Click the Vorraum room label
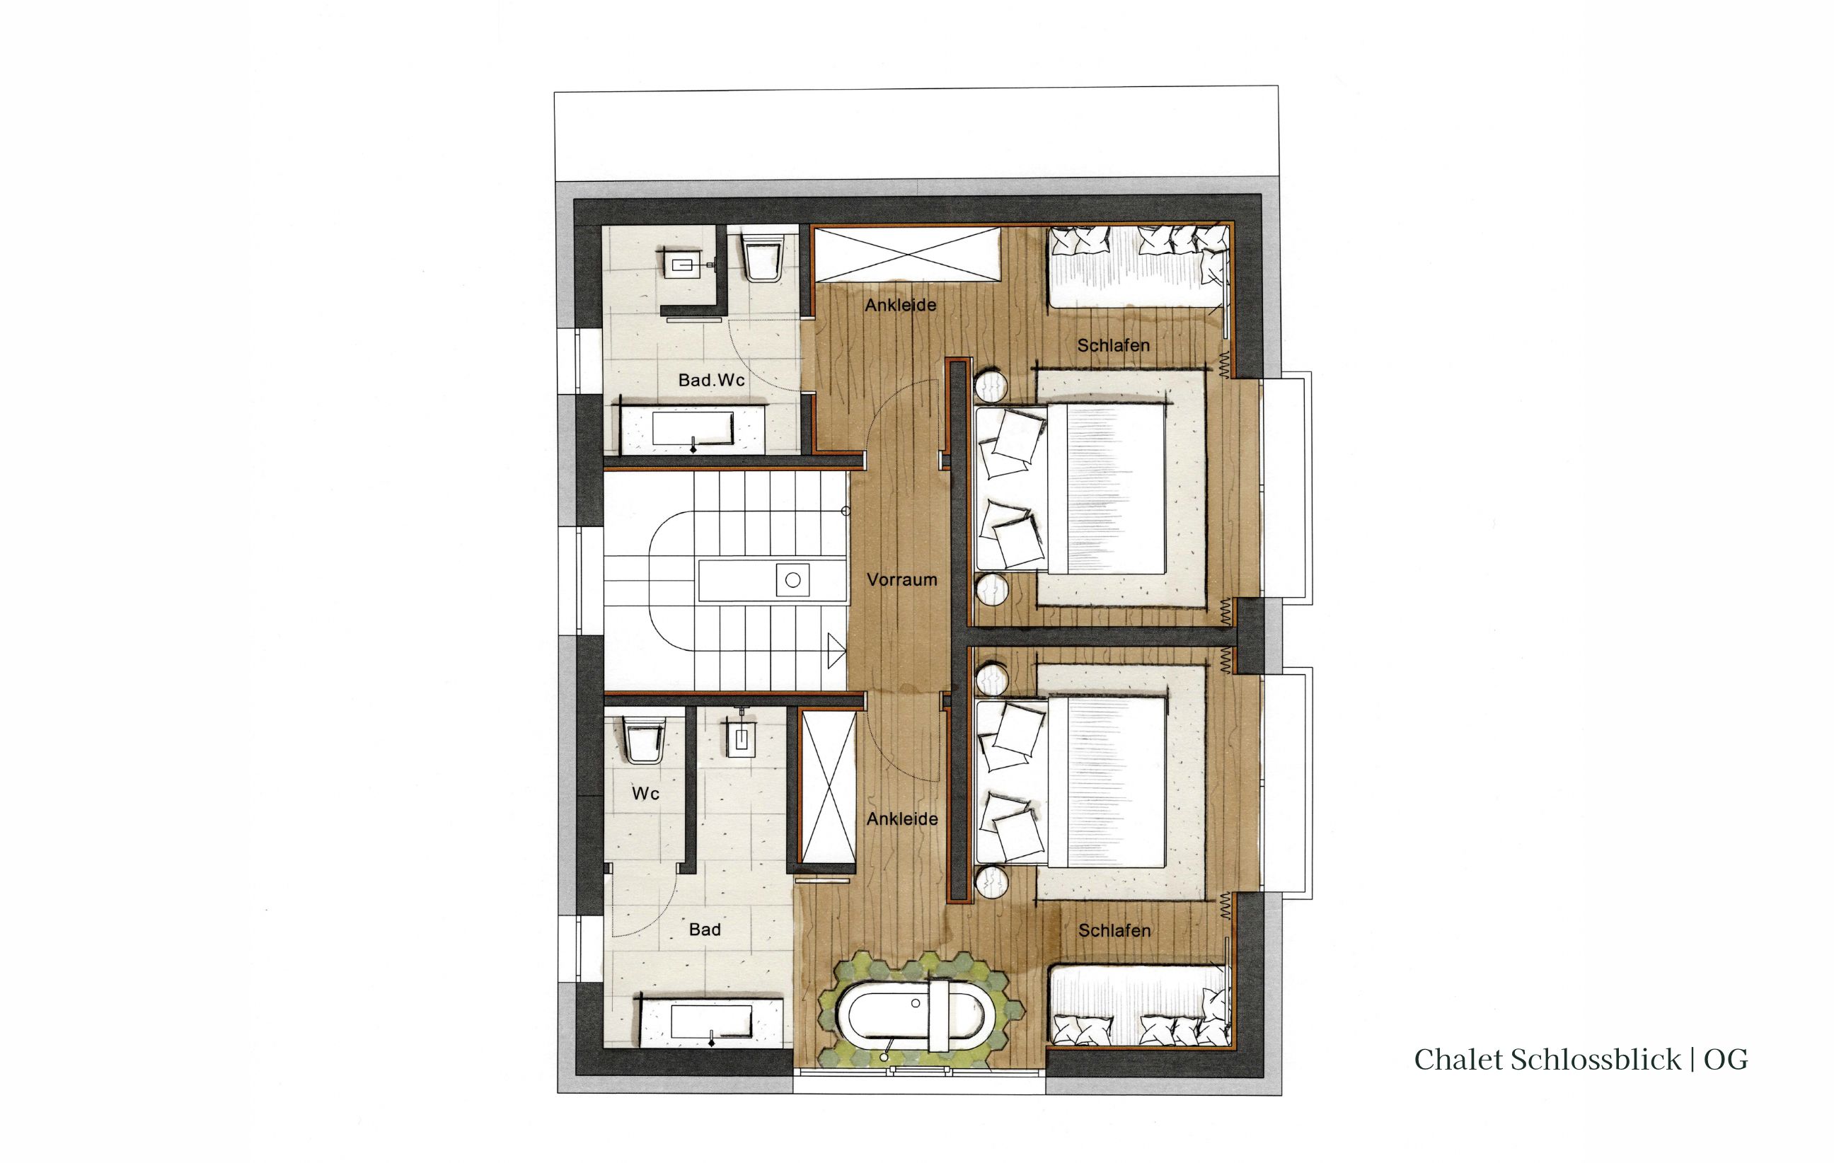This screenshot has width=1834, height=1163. (901, 579)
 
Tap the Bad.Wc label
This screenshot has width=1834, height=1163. (711, 379)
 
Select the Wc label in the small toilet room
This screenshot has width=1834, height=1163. (645, 794)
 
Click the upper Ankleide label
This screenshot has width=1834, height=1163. (900, 305)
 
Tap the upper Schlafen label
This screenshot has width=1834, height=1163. (1113, 345)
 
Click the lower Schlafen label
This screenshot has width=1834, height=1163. (1114, 930)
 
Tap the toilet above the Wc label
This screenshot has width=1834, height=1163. (644, 739)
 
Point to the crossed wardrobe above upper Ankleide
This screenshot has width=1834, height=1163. (907, 255)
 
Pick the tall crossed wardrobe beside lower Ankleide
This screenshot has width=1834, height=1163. (828, 788)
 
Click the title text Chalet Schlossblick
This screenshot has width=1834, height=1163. (1547, 1060)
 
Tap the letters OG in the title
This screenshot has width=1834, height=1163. (1725, 1060)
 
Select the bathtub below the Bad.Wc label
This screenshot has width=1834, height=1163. (693, 429)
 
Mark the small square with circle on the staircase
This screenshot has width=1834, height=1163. (792, 580)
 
